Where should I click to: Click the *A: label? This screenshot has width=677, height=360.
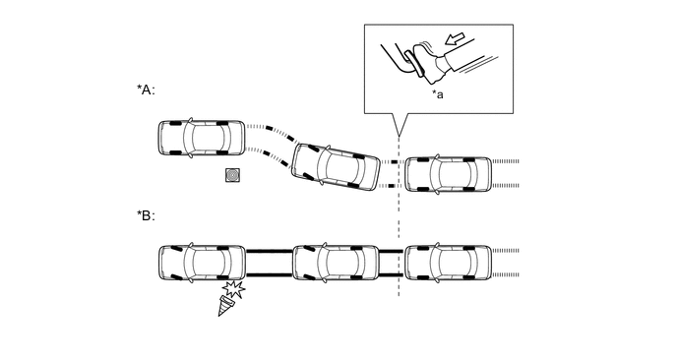(146, 90)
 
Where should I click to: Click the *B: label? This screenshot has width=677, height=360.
(146, 215)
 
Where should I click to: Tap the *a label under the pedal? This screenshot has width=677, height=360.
(438, 94)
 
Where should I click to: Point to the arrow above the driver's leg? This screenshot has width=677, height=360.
(455, 38)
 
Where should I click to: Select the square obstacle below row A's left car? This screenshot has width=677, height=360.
(233, 175)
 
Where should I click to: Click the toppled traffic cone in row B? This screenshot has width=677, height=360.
(225, 305)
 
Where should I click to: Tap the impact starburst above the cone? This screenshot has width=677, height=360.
(234, 289)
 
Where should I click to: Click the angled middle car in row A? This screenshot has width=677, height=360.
(336, 167)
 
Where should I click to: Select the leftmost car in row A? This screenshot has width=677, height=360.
(201, 138)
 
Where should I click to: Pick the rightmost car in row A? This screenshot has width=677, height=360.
(448, 174)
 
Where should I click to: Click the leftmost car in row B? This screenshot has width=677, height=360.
(202, 263)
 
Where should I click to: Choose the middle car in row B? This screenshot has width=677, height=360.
(336, 263)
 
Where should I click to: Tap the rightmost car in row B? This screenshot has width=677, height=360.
(448, 263)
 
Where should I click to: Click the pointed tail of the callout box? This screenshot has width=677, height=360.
(399, 137)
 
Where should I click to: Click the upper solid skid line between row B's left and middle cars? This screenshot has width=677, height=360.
(269, 251)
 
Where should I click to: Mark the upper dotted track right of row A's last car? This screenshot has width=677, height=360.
(506, 161)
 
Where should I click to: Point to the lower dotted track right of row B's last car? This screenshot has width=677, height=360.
(506, 274)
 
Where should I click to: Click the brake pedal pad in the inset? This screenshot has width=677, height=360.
(411, 64)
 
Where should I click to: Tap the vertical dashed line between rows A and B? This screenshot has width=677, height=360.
(399, 215)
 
